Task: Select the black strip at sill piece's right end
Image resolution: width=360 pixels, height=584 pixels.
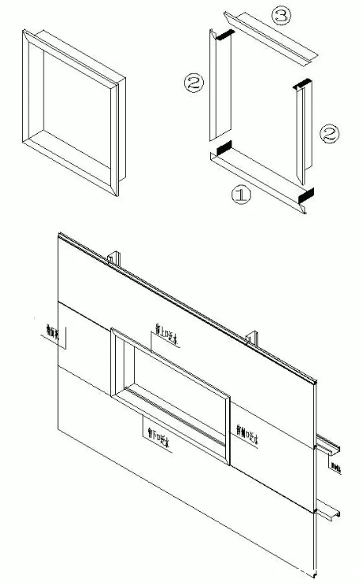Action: pos(305,194)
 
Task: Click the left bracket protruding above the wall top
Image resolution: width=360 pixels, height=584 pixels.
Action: pos(114,257)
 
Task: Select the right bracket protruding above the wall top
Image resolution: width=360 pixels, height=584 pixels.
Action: pos(253,336)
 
